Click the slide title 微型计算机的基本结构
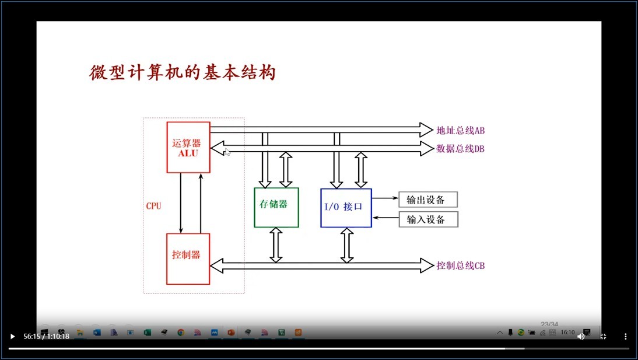point(182,73)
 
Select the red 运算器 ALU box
point(188,147)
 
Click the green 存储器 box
point(276,207)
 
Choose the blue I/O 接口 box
point(346,207)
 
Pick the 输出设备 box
point(428,200)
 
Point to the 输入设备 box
point(428,219)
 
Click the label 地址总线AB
point(460,130)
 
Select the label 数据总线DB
point(460,149)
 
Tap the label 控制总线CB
point(460,266)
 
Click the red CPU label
point(153,206)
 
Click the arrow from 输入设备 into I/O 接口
point(385,218)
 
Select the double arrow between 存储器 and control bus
point(276,244)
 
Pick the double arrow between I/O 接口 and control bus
point(346,244)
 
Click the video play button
point(12,336)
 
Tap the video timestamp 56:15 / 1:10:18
point(46,336)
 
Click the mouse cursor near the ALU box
point(227,152)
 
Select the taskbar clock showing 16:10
point(567,333)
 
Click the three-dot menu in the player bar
point(625,336)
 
